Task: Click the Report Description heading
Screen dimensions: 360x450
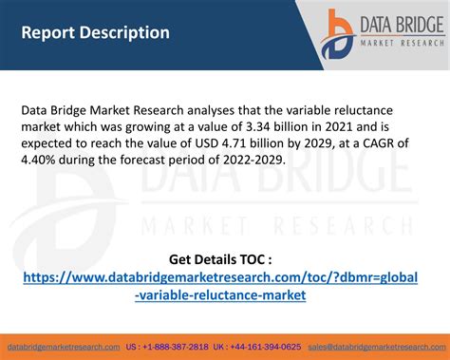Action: pyautogui.click(x=96, y=32)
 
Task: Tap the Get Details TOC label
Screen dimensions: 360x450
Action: pyautogui.click(x=224, y=258)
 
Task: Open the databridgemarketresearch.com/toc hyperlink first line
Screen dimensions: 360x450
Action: pyautogui.click(x=224, y=277)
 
